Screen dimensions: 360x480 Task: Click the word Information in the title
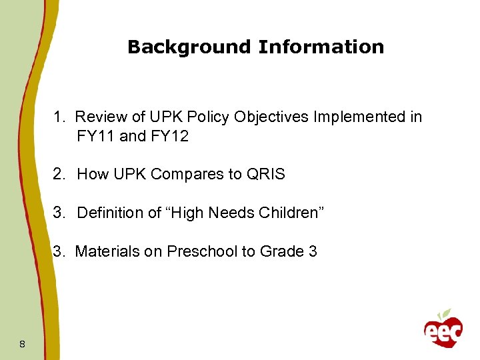(321, 47)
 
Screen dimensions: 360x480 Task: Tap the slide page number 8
(23, 344)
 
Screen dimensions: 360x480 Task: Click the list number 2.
(59, 175)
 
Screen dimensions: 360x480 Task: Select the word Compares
(181, 175)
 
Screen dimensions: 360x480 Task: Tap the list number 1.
(59, 117)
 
